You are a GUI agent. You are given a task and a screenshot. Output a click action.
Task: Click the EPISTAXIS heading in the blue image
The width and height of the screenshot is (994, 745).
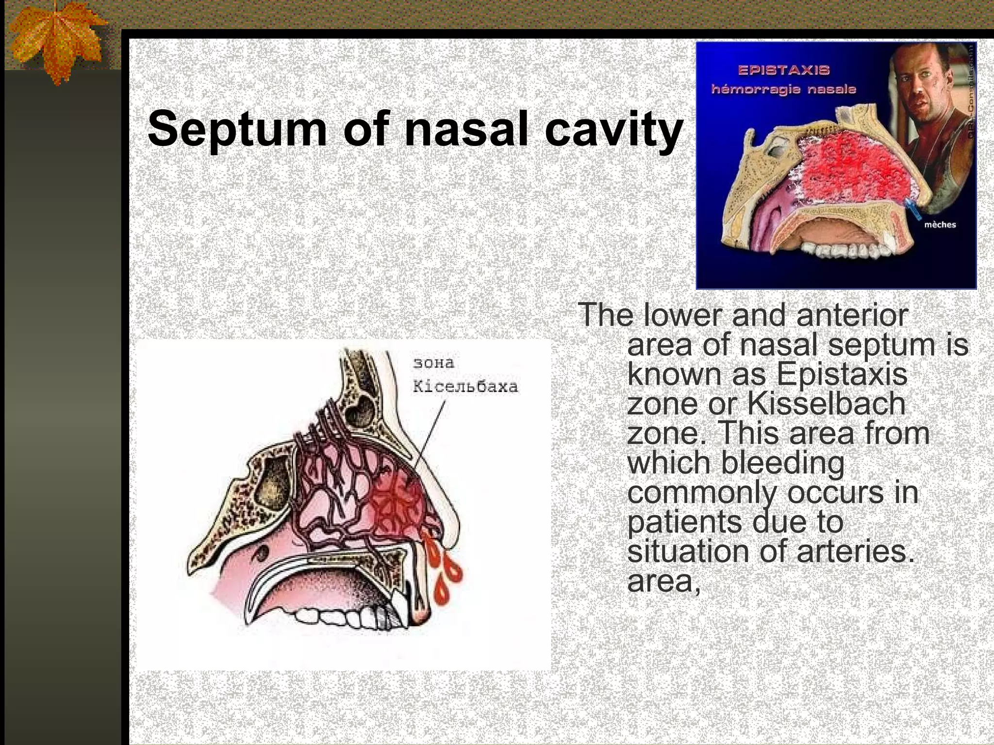coord(784,70)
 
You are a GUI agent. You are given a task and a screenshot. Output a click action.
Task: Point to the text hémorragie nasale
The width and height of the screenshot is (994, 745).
coord(783,90)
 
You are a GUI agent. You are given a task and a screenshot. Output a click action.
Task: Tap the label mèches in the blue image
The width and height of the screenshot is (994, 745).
coord(940,225)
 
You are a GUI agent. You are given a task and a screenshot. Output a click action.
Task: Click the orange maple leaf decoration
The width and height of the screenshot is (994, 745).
coord(56,41)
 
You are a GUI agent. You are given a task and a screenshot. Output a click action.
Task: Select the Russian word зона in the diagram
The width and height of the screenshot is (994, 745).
coord(433,363)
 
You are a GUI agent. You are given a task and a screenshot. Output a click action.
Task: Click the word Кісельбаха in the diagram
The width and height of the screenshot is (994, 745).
coord(465,387)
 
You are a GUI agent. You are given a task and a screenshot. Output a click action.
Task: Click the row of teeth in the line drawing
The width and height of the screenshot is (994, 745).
coord(340,618)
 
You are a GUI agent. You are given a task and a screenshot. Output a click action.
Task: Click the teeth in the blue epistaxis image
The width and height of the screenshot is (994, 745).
coord(845,250)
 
